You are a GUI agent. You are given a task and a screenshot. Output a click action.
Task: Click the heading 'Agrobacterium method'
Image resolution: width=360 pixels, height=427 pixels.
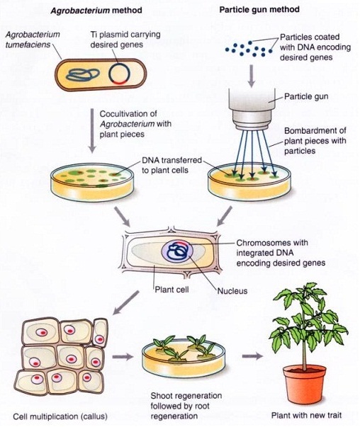(96, 11)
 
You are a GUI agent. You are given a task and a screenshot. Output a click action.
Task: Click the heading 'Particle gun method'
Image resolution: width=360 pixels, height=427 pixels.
(259, 9)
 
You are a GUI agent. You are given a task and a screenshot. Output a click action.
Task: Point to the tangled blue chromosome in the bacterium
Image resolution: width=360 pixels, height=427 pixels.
(83, 74)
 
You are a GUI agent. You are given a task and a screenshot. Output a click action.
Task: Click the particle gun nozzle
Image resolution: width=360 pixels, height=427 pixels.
(252, 108)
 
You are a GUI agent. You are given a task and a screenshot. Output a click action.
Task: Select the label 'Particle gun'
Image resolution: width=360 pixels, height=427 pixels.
(306, 96)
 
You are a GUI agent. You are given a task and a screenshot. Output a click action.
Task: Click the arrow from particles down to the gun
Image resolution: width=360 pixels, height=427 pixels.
(252, 76)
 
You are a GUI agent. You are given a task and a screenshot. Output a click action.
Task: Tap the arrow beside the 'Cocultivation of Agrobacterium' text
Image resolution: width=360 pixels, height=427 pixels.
(92, 131)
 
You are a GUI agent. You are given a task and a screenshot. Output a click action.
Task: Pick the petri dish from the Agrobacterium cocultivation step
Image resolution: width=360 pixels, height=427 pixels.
(93, 183)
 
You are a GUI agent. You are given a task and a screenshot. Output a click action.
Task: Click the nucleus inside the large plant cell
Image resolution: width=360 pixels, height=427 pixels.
(178, 251)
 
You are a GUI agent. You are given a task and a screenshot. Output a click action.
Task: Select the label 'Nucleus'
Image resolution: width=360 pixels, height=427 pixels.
(232, 291)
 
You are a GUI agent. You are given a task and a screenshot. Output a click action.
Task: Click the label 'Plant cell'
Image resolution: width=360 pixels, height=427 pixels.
(171, 289)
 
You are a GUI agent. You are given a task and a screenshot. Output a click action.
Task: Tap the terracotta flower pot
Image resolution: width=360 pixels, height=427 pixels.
(305, 383)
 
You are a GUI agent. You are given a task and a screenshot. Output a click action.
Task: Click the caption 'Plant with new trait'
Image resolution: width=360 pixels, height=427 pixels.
(306, 415)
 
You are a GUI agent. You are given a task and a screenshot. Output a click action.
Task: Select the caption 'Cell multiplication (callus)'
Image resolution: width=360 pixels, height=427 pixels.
(60, 416)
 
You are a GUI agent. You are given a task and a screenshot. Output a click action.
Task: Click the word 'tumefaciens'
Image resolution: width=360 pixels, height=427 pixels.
(28, 45)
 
